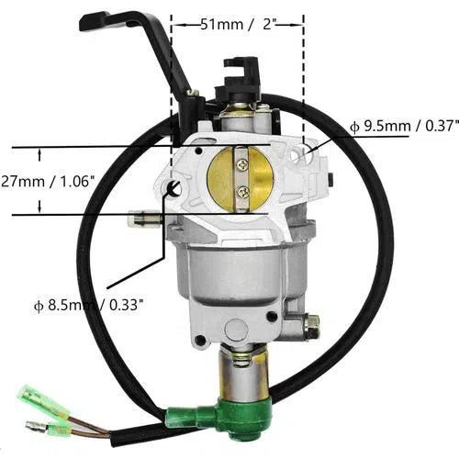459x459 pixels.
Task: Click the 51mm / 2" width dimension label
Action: click(236, 24)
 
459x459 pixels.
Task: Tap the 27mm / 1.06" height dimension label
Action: click(47, 182)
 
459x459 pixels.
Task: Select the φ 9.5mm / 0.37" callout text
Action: click(405, 126)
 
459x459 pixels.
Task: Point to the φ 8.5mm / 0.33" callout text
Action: click(89, 306)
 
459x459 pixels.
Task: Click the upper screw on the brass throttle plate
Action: click(243, 165)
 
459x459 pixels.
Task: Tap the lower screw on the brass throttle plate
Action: click(244, 192)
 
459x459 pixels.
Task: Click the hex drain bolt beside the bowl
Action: click(310, 326)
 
